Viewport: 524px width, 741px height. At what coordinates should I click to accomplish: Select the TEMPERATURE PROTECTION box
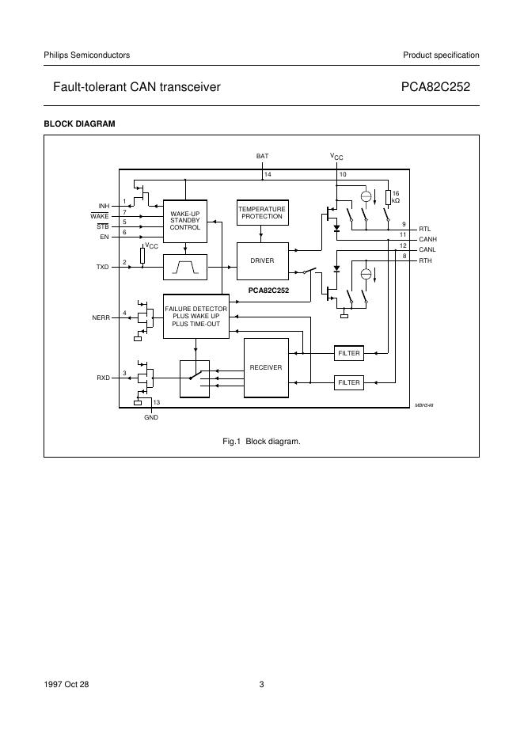click(261, 213)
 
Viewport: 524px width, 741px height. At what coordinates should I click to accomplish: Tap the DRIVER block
click(261, 260)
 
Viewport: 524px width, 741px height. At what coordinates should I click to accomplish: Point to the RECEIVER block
click(265, 368)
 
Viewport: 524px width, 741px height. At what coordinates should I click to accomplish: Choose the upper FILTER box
click(348, 353)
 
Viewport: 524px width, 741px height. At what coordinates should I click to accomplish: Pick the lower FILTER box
click(348, 382)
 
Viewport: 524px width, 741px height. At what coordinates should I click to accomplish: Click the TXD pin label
click(102, 267)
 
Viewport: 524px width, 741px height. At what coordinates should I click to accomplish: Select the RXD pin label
click(102, 378)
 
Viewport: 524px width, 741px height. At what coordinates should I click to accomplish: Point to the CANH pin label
click(428, 238)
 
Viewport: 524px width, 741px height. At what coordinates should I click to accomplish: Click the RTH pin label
click(425, 260)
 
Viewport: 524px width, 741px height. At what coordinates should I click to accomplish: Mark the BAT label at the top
click(262, 157)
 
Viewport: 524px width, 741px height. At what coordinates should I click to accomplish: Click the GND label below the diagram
click(150, 417)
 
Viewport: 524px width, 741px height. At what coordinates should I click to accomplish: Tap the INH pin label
click(103, 206)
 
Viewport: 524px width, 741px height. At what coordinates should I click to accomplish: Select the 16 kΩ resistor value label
click(396, 197)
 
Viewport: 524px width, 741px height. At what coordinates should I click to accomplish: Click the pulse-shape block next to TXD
click(184, 267)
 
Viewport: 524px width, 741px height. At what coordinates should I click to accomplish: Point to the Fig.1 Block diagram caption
click(261, 440)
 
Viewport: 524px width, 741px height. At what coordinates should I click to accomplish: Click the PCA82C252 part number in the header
click(440, 88)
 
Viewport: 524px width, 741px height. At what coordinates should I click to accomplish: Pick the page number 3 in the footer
click(261, 685)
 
